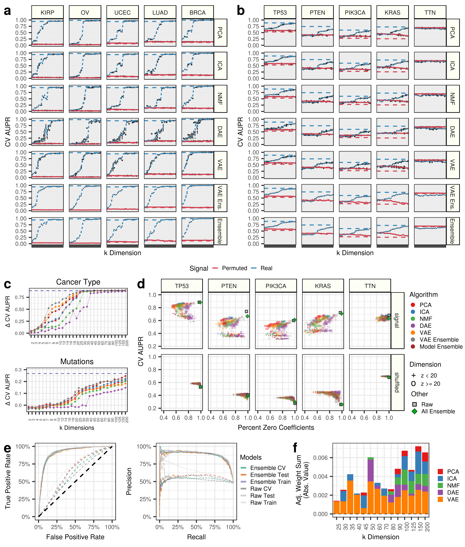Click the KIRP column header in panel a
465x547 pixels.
(47, 12)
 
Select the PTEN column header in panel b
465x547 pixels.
(317, 12)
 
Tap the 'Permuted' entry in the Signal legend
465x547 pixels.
(234, 268)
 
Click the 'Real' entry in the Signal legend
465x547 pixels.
(266, 268)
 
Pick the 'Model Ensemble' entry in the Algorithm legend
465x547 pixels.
(441, 347)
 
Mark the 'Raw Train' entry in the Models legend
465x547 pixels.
(263, 503)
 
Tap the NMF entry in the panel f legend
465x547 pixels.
(453, 485)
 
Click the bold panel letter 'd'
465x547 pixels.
(141, 284)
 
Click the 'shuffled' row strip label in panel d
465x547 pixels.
(397, 382)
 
